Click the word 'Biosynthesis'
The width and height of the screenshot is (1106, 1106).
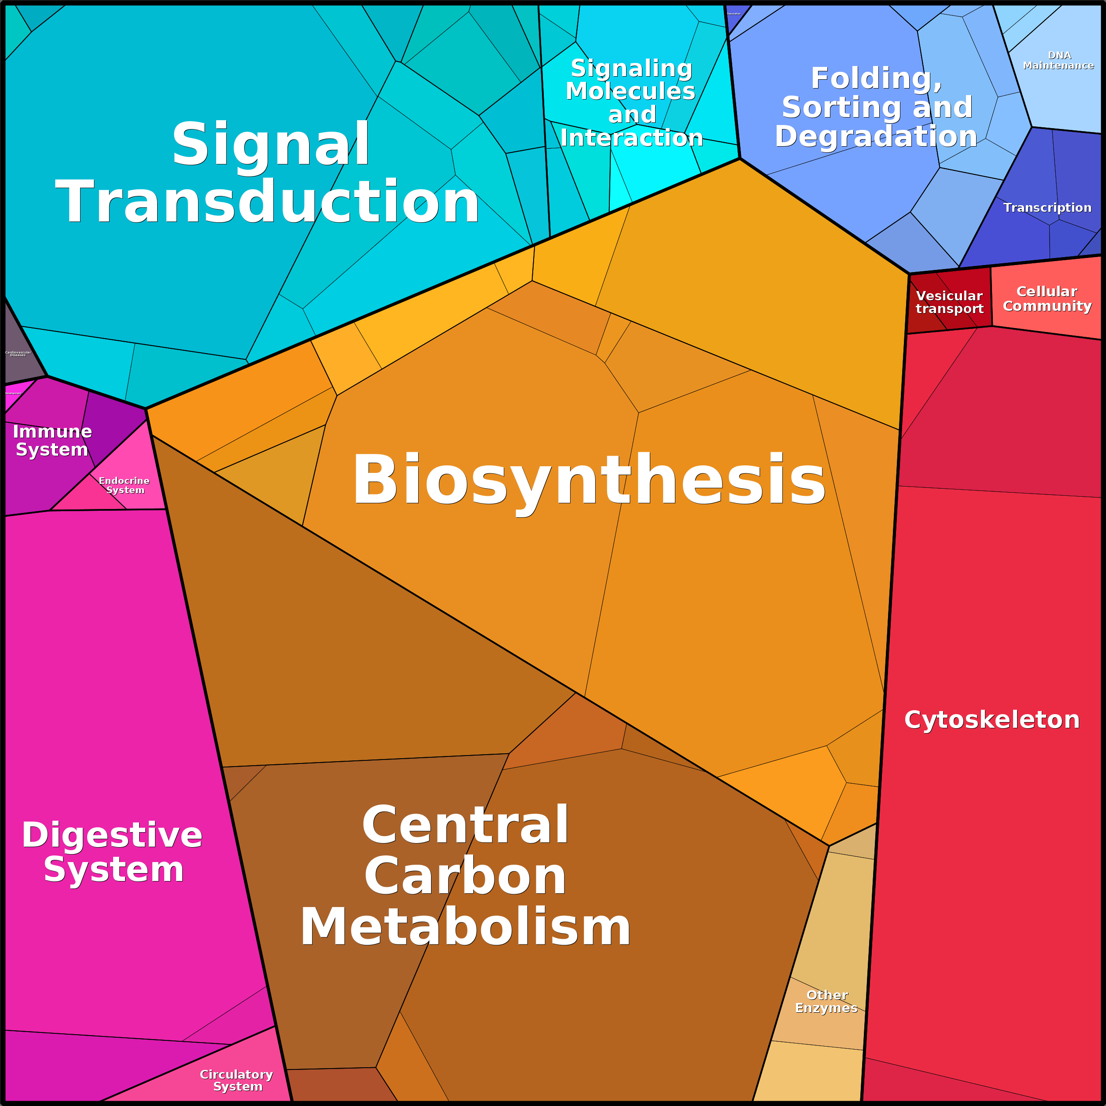click(589, 480)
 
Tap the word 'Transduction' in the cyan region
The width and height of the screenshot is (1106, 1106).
click(267, 202)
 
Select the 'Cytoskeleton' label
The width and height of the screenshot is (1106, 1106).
click(992, 719)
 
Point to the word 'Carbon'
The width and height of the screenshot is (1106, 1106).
click(465, 877)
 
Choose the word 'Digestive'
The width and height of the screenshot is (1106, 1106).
click(112, 835)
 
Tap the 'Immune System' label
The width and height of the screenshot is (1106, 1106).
click(52, 440)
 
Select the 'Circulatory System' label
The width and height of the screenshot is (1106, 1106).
click(236, 1080)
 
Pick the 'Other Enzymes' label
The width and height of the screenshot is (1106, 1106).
click(826, 1001)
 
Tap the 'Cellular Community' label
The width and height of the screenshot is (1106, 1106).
click(1047, 299)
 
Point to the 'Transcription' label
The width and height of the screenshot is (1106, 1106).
click(1047, 208)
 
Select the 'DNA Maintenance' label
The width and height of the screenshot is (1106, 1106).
click(1058, 60)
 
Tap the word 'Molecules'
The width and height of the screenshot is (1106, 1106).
click(630, 91)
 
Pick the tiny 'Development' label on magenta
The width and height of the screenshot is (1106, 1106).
click(13, 393)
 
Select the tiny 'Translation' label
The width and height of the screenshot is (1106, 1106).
click(734, 14)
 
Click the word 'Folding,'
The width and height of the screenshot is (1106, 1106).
click(876, 78)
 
